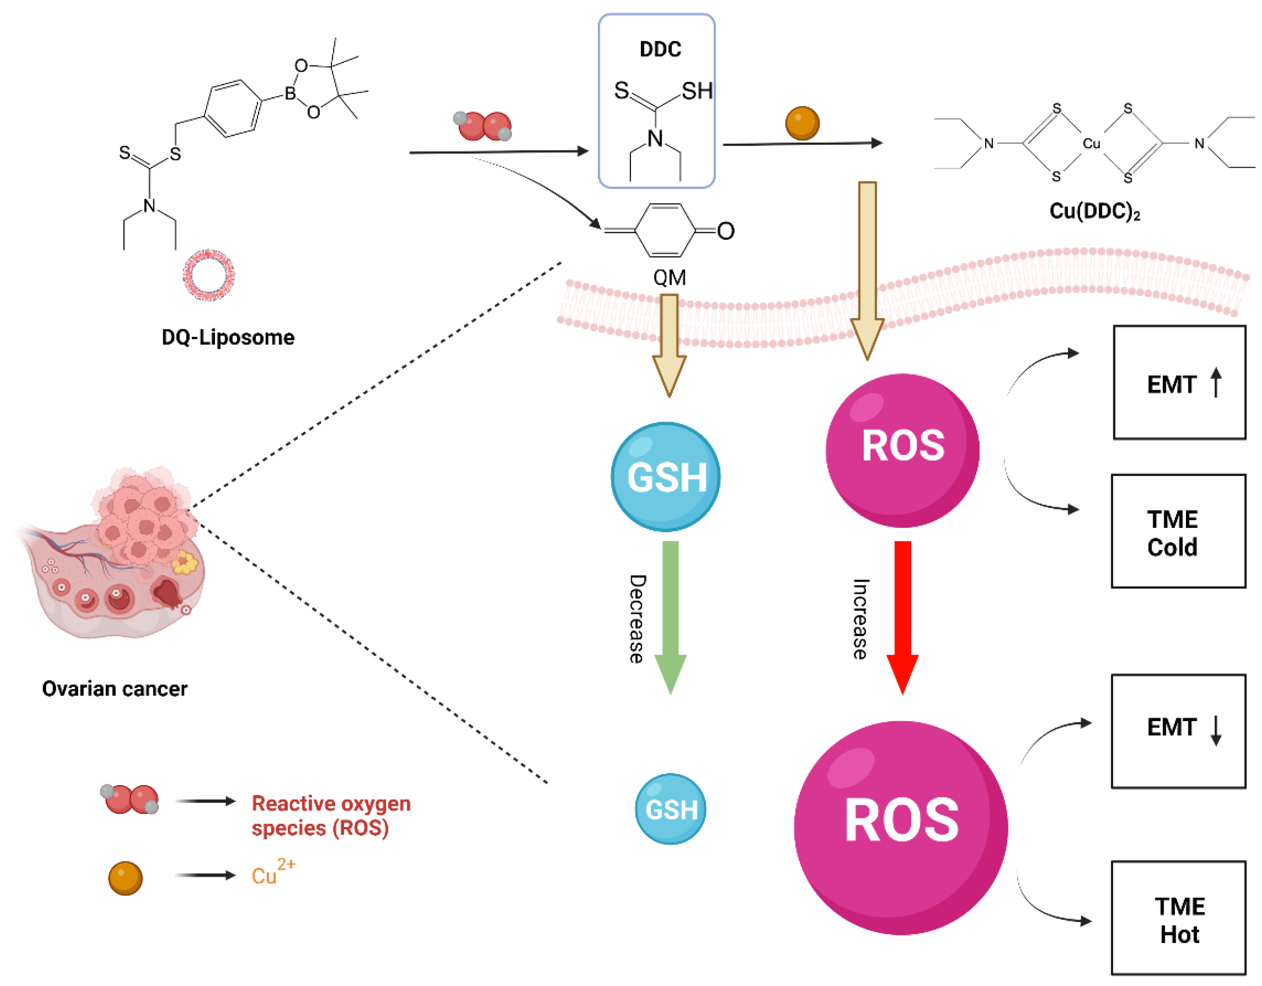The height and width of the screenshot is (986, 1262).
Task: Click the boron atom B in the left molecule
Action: pyautogui.click(x=290, y=93)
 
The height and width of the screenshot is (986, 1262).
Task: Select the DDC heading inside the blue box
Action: pyautogui.click(x=660, y=49)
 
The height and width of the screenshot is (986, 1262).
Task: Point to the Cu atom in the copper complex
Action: pyautogui.click(x=1091, y=143)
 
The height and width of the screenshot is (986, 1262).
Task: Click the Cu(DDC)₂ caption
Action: pyautogui.click(x=1094, y=211)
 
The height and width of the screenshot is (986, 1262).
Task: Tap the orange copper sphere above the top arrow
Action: pyautogui.click(x=802, y=123)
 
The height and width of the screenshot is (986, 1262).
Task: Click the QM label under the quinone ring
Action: pyautogui.click(x=669, y=277)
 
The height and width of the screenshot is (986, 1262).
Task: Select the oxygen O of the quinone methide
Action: pyautogui.click(x=726, y=231)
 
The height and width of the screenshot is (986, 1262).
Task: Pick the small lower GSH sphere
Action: pyautogui.click(x=670, y=809)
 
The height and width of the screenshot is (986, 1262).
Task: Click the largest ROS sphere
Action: pyautogui.click(x=901, y=827)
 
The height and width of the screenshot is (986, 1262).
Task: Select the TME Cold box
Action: pyautogui.click(x=1178, y=531)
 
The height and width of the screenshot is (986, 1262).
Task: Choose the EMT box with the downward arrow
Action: pyautogui.click(x=1178, y=731)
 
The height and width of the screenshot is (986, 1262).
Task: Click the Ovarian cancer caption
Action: pyautogui.click(x=115, y=689)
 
